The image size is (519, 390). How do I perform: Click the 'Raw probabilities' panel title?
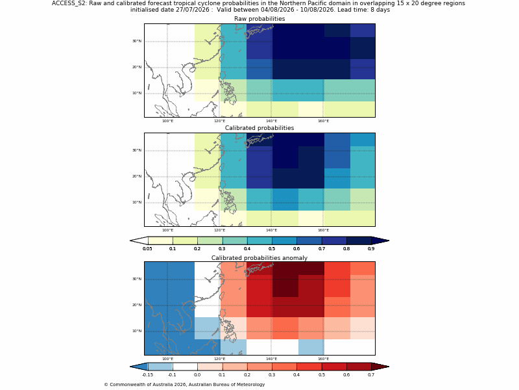click(259, 19)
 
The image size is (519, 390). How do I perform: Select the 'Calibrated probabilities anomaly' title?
click(259, 258)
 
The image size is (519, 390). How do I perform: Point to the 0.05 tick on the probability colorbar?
click(148, 249)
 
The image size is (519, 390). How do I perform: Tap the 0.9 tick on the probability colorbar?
click(371, 249)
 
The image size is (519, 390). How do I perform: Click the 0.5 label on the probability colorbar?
click(272, 249)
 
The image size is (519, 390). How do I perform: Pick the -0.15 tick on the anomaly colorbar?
click(148, 375)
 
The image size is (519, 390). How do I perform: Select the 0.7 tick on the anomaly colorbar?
click(371, 375)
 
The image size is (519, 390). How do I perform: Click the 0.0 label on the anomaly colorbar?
click(197, 375)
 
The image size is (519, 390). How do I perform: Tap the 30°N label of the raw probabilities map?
click(137, 41)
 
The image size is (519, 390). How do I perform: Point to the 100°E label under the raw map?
click(167, 121)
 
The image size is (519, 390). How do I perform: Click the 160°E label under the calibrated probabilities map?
click(323, 230)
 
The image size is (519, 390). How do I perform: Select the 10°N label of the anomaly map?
click(137, 331)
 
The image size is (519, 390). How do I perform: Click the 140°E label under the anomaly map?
click(271, 359)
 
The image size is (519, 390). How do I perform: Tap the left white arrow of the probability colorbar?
click(139, 240)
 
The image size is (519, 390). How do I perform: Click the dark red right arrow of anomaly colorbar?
click(380, 367)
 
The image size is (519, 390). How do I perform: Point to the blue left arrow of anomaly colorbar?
click(139, 367)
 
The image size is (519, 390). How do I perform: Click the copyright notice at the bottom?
click(184, 385)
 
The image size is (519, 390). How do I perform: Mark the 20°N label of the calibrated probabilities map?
click(137, 176)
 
